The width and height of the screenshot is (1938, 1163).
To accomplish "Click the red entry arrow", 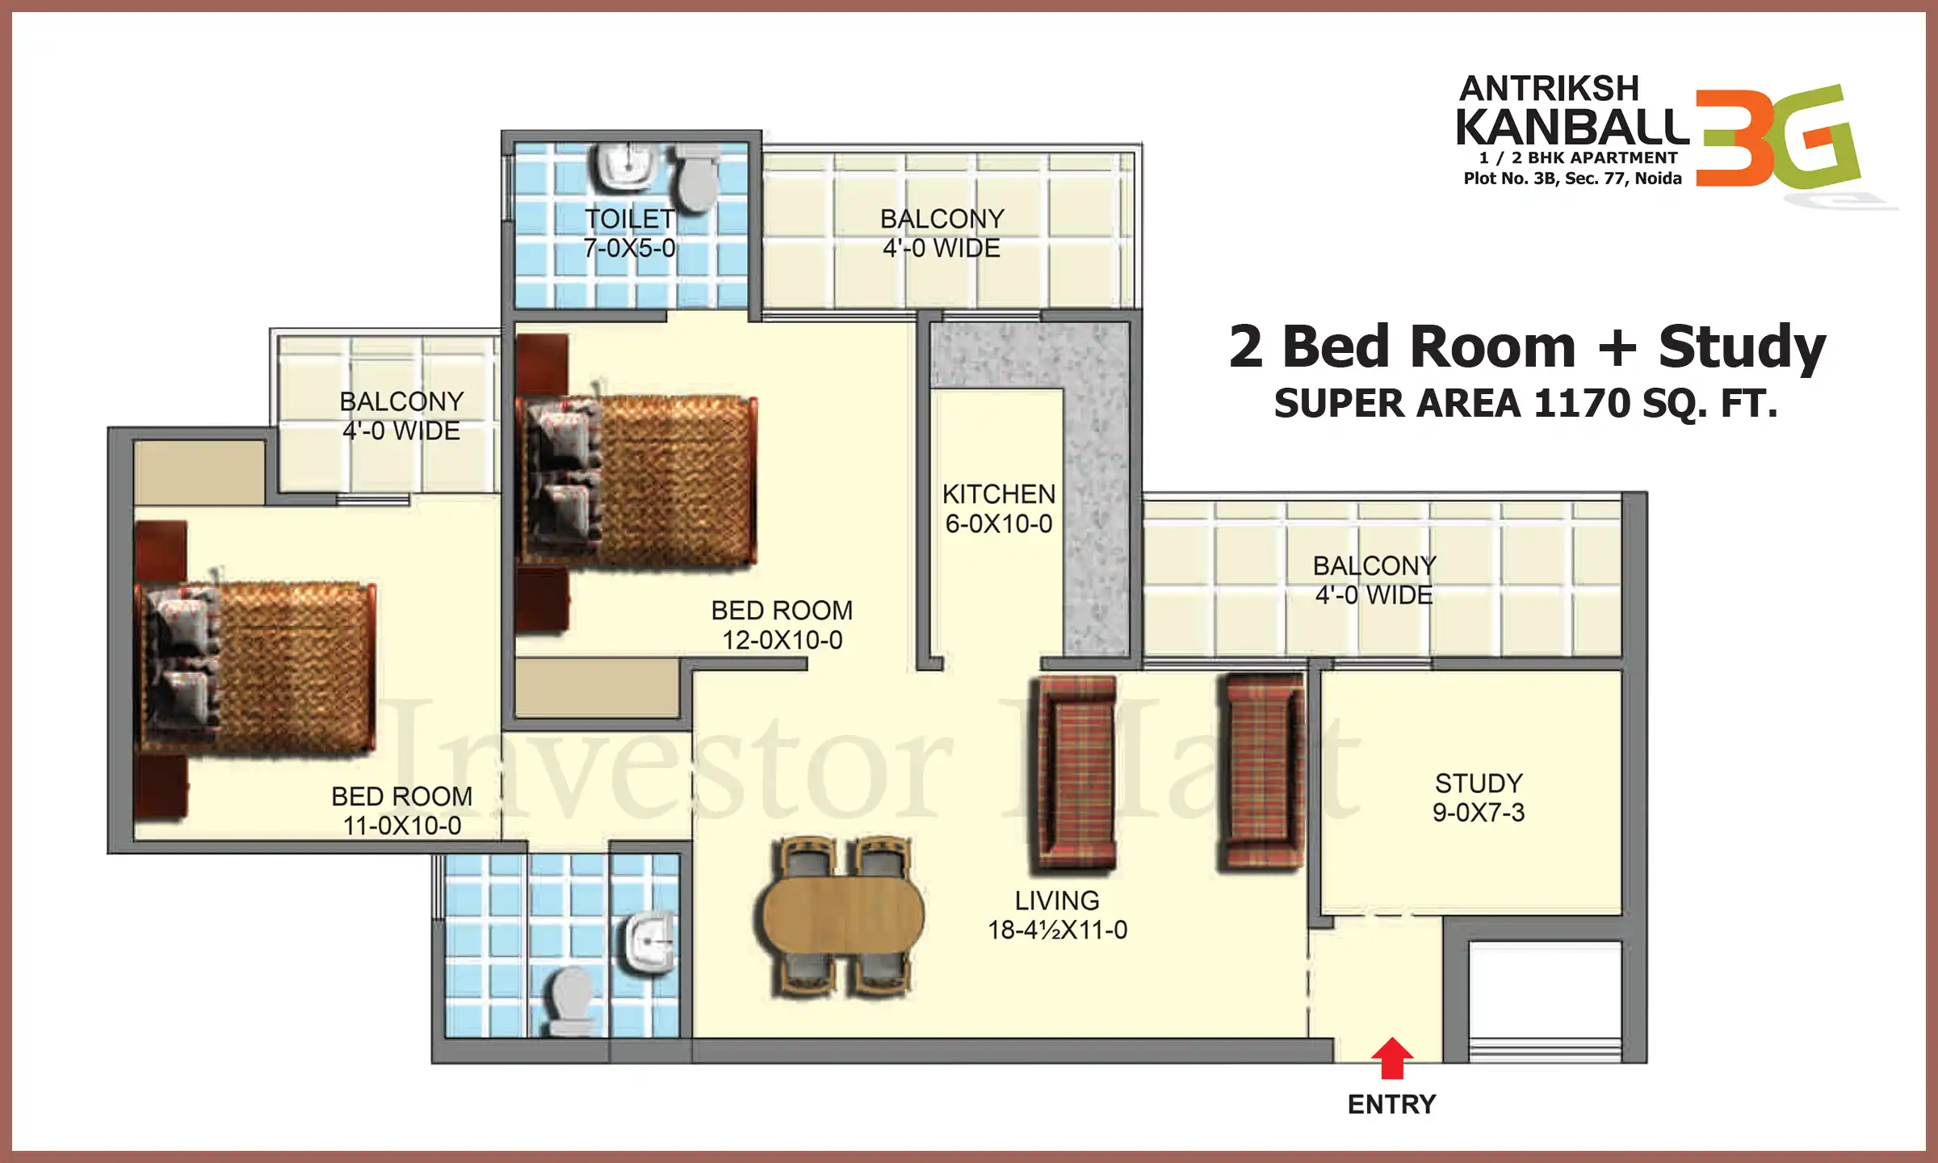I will pos(1391,1058).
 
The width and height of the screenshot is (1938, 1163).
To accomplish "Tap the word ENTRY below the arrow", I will pos(1391,1104).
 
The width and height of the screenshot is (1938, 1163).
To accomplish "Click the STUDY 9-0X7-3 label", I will pos(1479,797).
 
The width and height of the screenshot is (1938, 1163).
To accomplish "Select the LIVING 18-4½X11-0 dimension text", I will pos(1057,930).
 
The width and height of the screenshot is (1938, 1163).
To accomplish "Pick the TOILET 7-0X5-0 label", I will pos(629,233).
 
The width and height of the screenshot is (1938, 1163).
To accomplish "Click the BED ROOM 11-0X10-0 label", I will pos(401,811).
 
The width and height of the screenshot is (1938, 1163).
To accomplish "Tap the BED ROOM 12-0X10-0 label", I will pos(782,625).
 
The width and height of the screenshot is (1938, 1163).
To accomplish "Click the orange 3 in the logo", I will pos(1728,137).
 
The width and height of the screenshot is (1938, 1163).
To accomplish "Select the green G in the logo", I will pos(1813,137).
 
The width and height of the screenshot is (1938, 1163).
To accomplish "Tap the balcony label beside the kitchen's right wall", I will pos(1374,580).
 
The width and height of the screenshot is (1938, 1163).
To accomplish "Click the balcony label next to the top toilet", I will pos(942,233).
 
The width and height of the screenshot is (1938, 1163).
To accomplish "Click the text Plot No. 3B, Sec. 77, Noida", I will pos(1572,178).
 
